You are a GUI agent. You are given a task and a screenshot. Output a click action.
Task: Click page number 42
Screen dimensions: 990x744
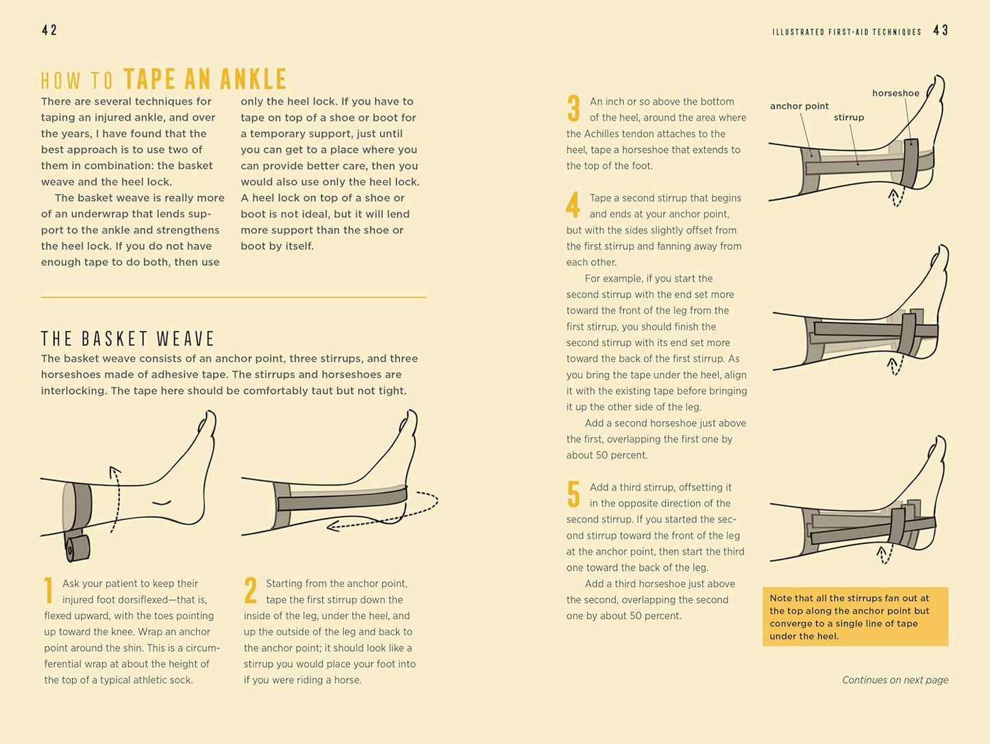49,30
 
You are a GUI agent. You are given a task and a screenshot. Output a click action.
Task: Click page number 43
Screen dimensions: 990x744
941,30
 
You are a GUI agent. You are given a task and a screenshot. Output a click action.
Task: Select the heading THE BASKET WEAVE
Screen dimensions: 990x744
127,338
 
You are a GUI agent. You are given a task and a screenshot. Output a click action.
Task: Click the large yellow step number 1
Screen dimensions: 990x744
48,590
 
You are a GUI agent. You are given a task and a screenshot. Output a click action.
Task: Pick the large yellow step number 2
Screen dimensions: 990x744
250,590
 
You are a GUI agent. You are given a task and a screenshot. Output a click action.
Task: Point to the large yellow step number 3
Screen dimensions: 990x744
573,108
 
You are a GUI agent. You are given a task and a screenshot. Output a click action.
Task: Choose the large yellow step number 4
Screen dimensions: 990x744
573,204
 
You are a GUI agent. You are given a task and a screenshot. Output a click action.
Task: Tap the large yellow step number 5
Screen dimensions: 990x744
573,494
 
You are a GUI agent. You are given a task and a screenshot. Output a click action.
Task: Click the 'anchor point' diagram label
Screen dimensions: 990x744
800,106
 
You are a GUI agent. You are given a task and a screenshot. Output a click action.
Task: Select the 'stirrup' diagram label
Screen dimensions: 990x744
849,117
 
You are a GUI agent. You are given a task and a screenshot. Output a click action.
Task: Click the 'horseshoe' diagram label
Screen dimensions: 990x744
895,93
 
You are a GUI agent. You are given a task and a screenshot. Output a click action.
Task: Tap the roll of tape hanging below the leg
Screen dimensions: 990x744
78,548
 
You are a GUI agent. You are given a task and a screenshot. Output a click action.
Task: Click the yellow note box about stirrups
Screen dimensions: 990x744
855,617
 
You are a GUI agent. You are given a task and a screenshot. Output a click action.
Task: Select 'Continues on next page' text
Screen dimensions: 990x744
895,680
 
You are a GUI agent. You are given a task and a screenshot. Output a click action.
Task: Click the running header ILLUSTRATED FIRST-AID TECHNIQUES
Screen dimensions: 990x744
847,32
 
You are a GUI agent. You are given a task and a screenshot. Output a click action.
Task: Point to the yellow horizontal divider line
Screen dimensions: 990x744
233,297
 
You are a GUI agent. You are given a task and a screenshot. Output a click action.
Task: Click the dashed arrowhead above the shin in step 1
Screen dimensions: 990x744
114,472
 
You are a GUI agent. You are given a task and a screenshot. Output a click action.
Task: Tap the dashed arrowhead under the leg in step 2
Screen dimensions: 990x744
333,525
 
